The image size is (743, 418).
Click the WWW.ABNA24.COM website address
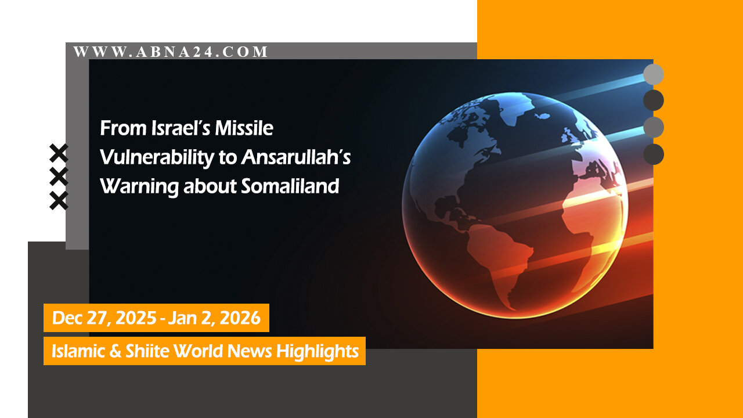[x=171, y=52]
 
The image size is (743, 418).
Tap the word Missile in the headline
[x=244, y=128]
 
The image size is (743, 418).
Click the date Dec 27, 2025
[x=104, y=318]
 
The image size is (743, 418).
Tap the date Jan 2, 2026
[x=214, y=318]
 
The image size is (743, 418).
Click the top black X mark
[x=59, y=153]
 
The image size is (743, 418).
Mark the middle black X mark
[x=59, y=176]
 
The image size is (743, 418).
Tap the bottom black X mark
[x=59, y=200]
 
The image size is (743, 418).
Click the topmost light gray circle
[x=654, y=74]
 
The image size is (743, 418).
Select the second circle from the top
[x=654, y=100]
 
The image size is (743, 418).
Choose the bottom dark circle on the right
[x=654, y=154]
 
